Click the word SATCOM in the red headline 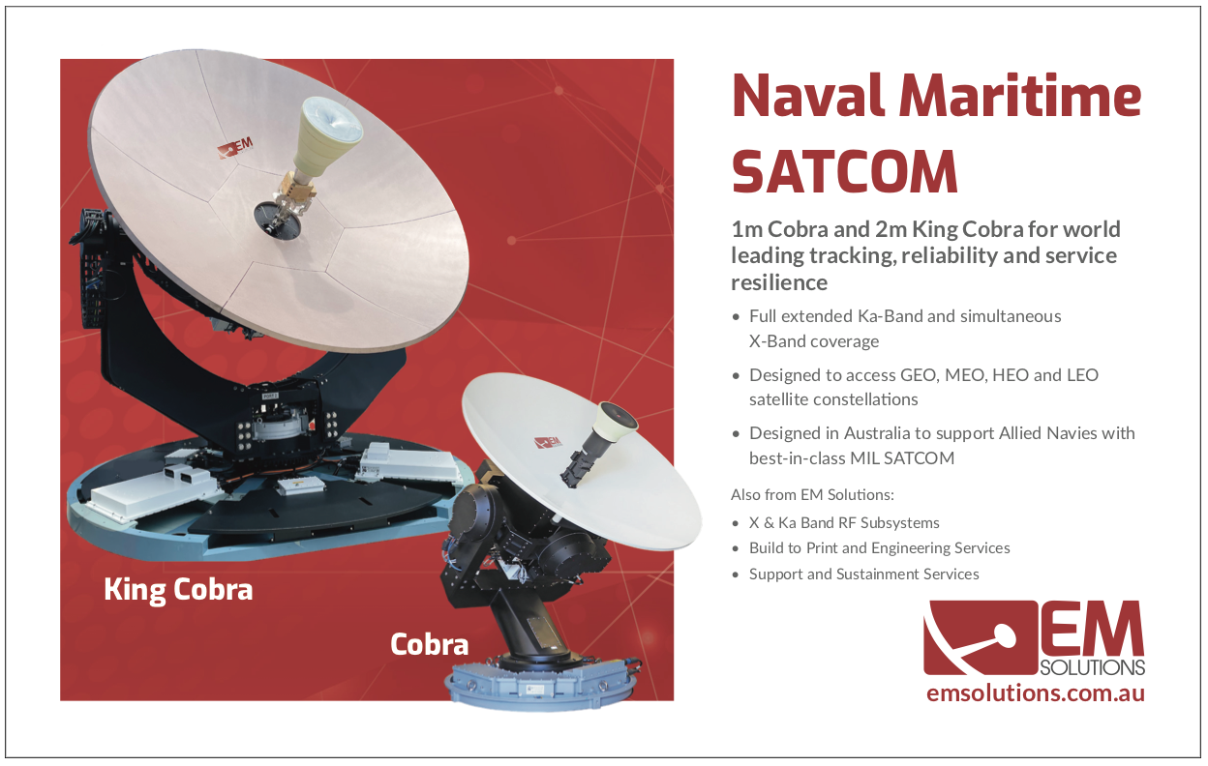click(x=844, y=171)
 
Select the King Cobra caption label click(x=178, y=590)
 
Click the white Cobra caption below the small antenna click(x=429, y=644)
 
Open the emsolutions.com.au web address click(x=1036, y=692)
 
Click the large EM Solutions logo click(x=1034, y=638)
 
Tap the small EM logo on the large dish click(x=234, y=148)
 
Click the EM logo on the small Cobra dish click(x=548, y=442)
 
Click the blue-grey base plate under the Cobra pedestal click(x=542, y=685)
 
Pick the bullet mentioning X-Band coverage click(x=905, y=329)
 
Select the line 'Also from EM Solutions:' click(x=812, y=494)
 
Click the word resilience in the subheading click(x=779, y=282)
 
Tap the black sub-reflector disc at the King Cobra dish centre click(x=277, y=220)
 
